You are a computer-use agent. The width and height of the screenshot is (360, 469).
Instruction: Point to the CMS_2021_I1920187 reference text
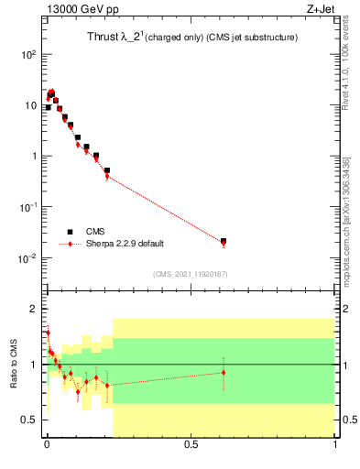191,274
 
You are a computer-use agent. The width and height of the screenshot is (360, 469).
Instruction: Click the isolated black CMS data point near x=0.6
224,241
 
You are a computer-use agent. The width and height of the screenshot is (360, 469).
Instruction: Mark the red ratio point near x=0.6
224,372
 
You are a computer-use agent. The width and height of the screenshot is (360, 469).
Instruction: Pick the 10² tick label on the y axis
28,54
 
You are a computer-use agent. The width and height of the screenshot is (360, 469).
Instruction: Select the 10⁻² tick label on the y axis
28,257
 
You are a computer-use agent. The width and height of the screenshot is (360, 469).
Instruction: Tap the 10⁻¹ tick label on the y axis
28,207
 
